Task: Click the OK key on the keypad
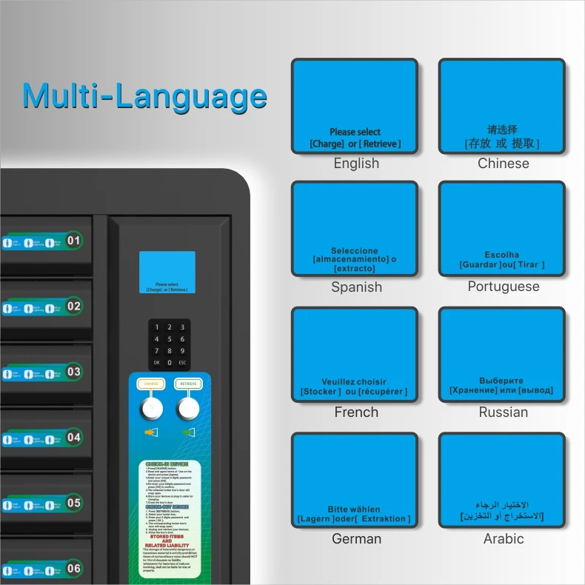click(156, 363)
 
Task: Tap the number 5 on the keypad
click(170, 339)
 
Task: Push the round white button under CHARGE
click(152, 408)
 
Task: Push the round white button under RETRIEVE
click(188, 408)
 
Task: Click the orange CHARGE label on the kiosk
click(151, 384)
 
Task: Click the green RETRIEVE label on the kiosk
click(188, 384)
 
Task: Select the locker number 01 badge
click(74, 241)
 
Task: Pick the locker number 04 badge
click(74, 437)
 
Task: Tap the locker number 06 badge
click(74, 569)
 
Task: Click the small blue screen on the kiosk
click(167, 272)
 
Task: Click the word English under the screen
click(356, 164)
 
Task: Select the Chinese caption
click(504, 164)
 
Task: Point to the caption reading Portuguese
click(504, 287)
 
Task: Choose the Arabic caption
click(504, 539)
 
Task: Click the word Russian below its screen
click(504, 412)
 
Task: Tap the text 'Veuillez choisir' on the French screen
click(354, 382)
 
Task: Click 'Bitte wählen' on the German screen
click(354, 509)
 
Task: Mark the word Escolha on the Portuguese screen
click(502, 255)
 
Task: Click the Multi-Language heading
click(144, 96)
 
